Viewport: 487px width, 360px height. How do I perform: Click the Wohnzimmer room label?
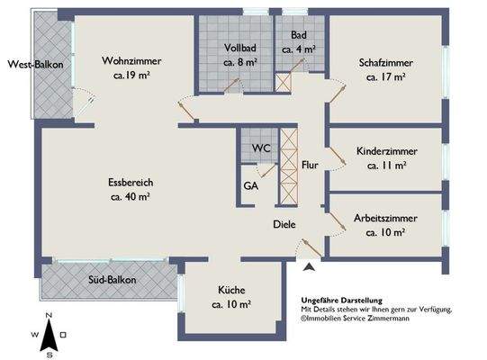(131, 60)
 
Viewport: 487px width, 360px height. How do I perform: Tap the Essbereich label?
(131, 183)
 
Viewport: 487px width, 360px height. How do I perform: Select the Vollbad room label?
(240, 48)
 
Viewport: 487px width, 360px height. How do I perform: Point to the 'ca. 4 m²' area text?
(299, 49)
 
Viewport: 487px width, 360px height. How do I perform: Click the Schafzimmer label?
(386, 63)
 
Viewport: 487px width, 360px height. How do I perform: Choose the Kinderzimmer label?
(387, 151)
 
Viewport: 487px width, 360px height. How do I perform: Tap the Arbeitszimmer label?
(385, 218)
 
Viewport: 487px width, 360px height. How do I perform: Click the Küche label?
(231, 290)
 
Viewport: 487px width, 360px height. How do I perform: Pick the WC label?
(261, 148)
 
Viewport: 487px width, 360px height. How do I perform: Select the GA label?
(251, 185)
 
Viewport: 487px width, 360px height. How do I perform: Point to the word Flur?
(310, 165)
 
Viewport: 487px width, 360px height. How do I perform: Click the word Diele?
(284, 224)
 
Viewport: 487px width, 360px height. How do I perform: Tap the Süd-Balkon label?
(113, 280)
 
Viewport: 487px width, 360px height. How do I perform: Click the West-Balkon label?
(35, 65)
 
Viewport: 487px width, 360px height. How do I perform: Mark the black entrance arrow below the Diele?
(309, 266)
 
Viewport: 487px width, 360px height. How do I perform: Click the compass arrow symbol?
(49, 336)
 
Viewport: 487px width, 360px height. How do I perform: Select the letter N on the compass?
(49, 315)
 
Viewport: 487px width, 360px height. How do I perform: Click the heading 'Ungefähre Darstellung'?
(342, 301)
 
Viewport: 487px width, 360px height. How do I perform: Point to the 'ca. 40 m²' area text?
(131, 196)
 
